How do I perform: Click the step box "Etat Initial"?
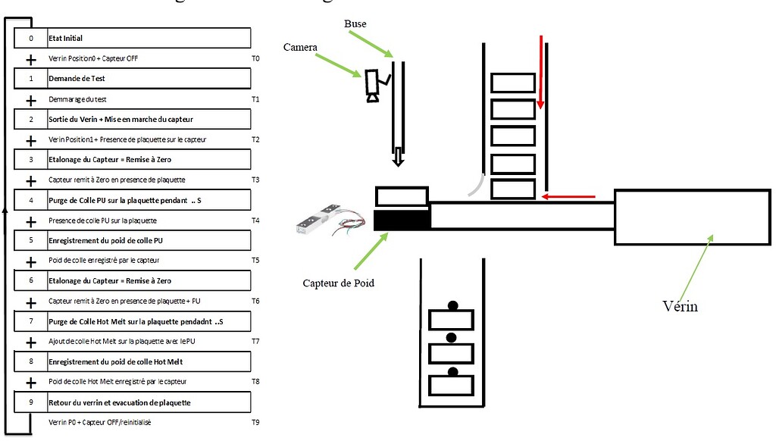tap(133, 38)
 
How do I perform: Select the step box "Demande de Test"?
tap(133, 78)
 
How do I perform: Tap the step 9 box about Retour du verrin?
tap(133, 402)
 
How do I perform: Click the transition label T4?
tap(255, 220)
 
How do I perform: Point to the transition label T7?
tap(255, 342)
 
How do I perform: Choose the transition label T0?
tap(255, 58)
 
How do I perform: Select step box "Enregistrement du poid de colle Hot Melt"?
tap(133, 362)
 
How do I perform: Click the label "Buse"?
tap(355, 24)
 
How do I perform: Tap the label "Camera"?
tap(300, 47)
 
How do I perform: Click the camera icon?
tap(374, 85)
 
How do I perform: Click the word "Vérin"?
tap(680, 306)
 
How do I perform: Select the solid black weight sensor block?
tap(402, 220)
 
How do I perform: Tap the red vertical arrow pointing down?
tap(541, 72)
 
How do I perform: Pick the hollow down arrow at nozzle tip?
tap(398, 158)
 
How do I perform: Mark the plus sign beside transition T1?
tap(31, 100)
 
